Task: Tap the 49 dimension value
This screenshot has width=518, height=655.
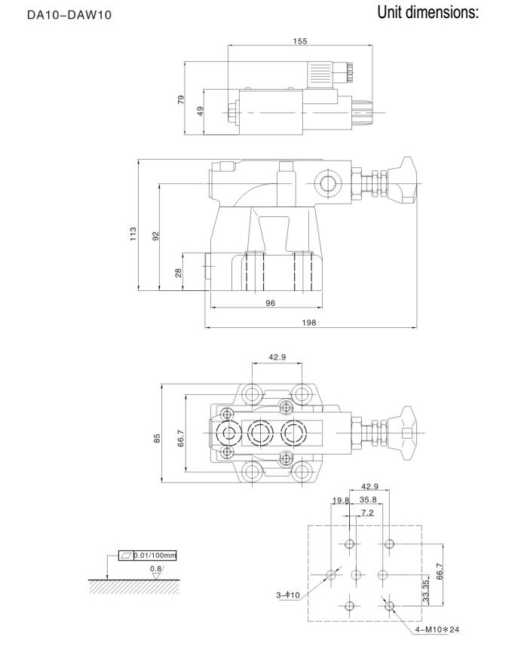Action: (201, 112)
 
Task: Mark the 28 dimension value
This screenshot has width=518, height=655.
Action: (179, 272)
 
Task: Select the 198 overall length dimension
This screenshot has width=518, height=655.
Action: (311, 322)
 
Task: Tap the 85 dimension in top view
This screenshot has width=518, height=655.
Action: (157, 438)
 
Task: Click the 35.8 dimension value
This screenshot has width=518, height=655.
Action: (369, 499)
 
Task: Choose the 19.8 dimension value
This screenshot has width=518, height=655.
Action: (340, 500)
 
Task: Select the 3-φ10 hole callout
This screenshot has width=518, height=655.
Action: (288, 595)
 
